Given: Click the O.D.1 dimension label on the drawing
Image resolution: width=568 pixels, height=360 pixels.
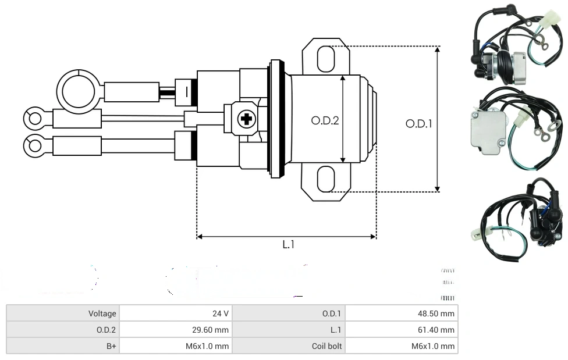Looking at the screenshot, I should pyautogui.click(x=418, y=123).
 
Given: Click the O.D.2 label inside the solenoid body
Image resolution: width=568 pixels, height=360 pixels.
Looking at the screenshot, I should pyautogui.click(x=325, y=120).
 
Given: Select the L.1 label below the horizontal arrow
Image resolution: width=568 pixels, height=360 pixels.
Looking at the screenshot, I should pyautogui.click(x=288, y=245).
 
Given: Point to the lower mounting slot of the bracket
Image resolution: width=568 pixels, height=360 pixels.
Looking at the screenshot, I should pyautogui.click(x=325, y=179).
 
